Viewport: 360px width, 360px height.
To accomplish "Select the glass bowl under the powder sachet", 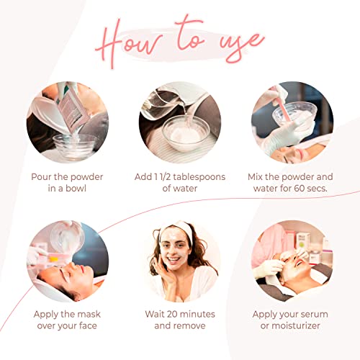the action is coord(75,146).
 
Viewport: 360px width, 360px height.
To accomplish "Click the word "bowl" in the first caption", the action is coord(76,189).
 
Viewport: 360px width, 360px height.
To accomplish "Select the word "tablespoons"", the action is coord(199,177).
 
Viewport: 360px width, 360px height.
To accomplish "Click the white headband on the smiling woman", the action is coord(178,228).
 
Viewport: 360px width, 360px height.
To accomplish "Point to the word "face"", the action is coord(88,325).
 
